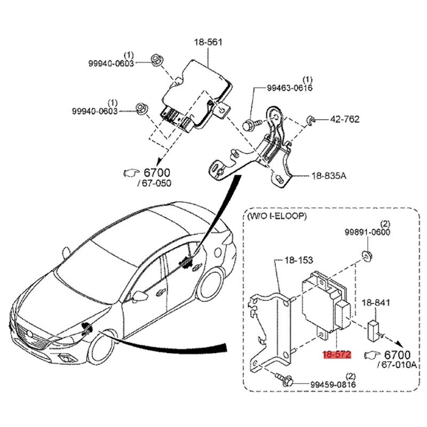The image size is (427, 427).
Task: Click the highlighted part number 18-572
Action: (335, 354)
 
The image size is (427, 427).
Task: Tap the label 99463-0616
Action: (290, 88)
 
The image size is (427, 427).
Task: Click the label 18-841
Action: (376, 302)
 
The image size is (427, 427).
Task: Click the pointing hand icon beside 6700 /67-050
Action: (131, 172)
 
